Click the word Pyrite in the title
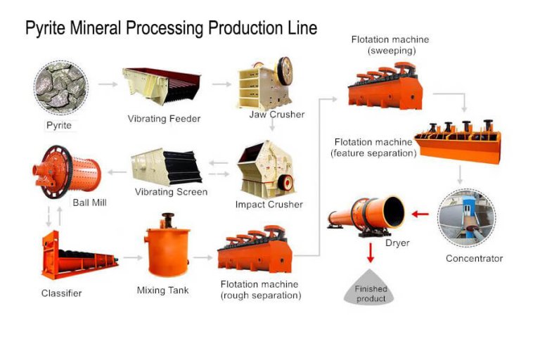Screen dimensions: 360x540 coord(46,28)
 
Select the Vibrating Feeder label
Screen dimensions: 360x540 coord(164,119)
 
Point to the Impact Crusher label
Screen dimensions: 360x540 coord(269,205)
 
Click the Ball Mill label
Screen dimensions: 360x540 coord(89,202)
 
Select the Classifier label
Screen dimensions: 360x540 coord(61,293)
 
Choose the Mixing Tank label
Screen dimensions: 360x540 coord(162,290)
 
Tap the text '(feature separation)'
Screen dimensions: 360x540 coord(373,153)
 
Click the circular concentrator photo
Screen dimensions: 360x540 coord(466,217)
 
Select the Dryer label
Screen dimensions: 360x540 coord(397,243)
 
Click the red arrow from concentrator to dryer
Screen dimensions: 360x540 coord(420,213)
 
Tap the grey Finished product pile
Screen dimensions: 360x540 coord(370,289)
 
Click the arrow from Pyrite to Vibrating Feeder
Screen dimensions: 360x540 coord(108,84)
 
